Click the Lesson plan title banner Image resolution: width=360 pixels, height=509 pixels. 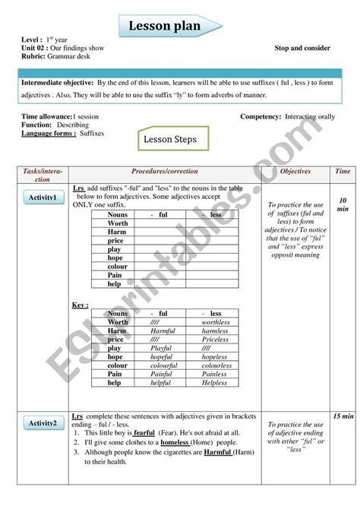169,26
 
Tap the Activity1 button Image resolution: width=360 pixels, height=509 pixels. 43,198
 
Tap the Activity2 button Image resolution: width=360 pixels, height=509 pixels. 43,423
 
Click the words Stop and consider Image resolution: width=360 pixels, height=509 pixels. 302,48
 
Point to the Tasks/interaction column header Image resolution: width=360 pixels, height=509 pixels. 43,175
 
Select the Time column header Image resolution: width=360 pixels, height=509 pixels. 343,172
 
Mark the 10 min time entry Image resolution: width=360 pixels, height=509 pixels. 343,204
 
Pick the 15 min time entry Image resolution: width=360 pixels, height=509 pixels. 343,417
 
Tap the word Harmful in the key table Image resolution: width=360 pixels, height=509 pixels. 163,331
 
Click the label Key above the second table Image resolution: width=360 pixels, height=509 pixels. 81,304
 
